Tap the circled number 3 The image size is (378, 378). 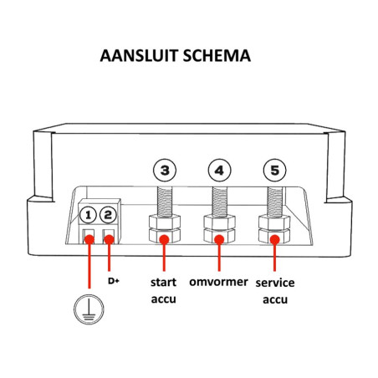click(x=165, y=171)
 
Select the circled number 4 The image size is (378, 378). click(x=219, y=171)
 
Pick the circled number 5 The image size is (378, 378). click(x=273, y=171)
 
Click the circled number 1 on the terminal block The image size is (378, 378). click(x=89, y=216)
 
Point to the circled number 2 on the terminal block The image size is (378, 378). click(x=108, y=216)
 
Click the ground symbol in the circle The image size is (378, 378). click(x=89, y=309)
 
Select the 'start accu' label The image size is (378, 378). click(x=164, y=289)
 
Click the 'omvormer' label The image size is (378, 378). click(x=220, y=282)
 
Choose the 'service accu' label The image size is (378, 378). click(x=275, y=289)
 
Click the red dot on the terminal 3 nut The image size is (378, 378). click(x=165, y=240)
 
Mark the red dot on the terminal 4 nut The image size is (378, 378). click(x=219, y=240)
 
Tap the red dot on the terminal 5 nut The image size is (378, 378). click(x=273, y=240)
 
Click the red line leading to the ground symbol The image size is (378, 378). click(x=89, y=268)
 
